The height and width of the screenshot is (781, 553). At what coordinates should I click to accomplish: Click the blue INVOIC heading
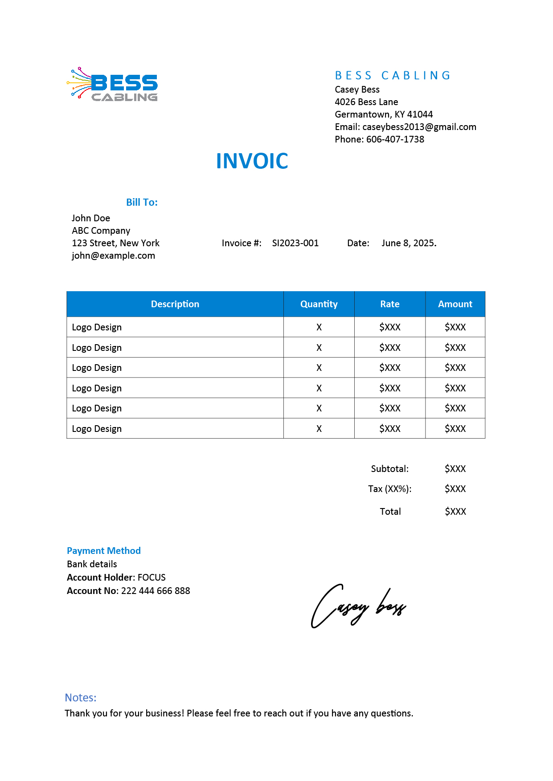click(x=252, y=161)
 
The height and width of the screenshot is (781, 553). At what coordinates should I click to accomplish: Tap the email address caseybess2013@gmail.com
click(x=419, y=127)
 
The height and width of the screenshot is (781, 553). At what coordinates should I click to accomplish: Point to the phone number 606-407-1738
click(x=395, y=139)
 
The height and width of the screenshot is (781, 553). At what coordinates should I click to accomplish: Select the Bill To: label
click(x=142, y=203)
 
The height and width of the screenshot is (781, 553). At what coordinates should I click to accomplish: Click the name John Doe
click(x=91, y=218)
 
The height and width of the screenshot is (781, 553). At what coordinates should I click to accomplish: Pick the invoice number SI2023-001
click(x=295, y=243)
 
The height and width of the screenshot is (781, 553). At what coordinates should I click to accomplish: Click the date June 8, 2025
click(x=409, y=243)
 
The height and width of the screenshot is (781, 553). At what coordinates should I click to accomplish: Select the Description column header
click(x=175, y=304)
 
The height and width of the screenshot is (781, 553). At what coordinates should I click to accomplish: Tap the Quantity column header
click(x=319, y=304)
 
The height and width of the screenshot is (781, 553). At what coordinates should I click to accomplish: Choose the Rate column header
click(x=389, y=304)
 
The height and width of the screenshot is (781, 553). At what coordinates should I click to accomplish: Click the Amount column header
click(x=455, y=304)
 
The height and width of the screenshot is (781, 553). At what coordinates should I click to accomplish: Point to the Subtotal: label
click(x=389, y=469)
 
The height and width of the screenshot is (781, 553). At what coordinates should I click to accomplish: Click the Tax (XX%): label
click(x=389, y=489)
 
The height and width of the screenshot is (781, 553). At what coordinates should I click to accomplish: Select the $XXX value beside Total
click(x=455, y=512)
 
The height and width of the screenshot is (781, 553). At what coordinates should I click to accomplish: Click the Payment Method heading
click(x=104, y=551)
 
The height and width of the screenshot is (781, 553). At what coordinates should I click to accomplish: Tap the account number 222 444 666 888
click(x=156, y=591)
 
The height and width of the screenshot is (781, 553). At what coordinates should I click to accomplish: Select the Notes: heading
click(x=81, y=698)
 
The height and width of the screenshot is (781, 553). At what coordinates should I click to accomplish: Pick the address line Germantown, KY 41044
click(x=384, y=114)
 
